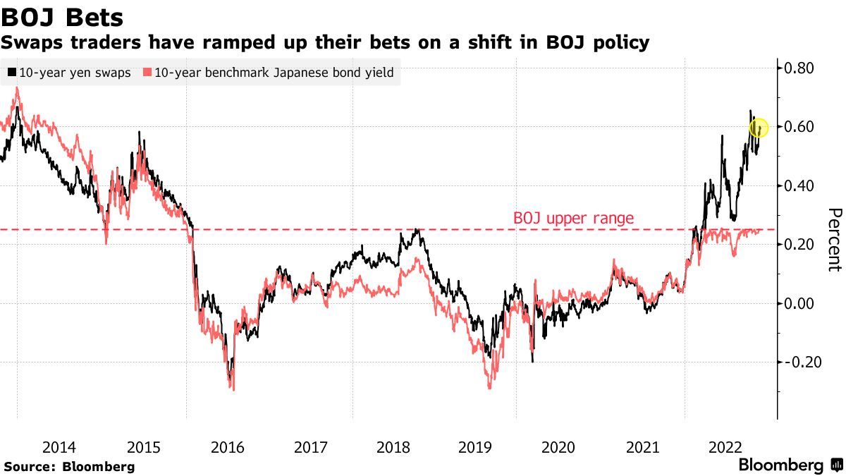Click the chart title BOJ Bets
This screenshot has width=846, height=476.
(x=63, y=17)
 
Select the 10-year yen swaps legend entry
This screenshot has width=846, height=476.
(x=68, y=73)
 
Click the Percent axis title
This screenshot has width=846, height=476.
(x=835, y=240)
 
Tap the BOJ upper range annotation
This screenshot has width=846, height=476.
(x=573, y=219)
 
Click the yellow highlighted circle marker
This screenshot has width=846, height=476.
(x=759, y=128)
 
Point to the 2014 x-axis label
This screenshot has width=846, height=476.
(x=59, y=447)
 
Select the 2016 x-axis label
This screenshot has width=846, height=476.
(x=227, y=447)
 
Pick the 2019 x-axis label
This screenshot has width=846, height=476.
(x=474, y=447)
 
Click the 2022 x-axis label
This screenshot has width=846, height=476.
(x=723, y=447)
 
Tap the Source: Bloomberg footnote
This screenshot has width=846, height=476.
(x=69, y=466)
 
